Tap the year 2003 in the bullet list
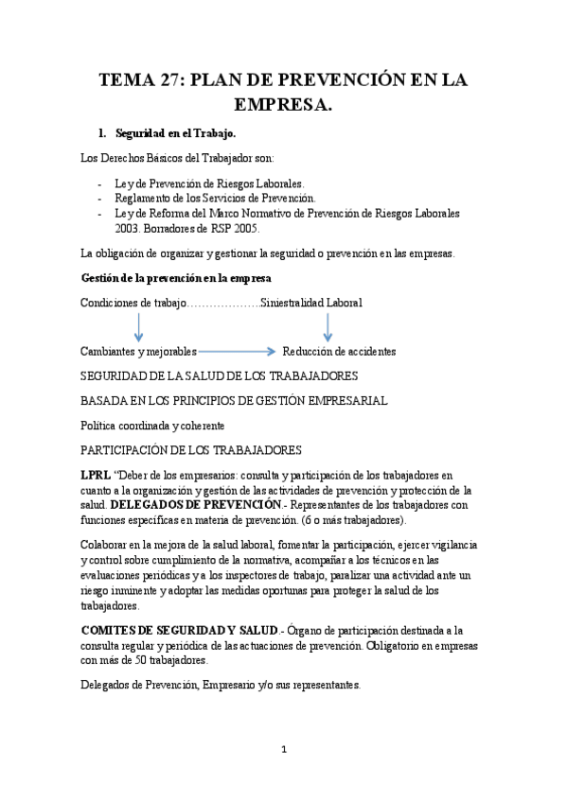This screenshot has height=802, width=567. [127, 229]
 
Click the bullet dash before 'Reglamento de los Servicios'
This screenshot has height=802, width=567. [100, 199]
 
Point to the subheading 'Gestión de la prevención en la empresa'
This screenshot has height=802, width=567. [176, 278]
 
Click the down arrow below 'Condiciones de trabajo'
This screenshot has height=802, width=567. [138, 327]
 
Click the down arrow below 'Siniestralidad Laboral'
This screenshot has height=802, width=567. [327, 327]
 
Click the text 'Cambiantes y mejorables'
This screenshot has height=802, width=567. [139, 351]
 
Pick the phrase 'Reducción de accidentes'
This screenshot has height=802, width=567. [339, 351]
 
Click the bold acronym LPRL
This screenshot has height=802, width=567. [96, 473]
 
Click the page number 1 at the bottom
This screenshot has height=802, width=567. [283, 750]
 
